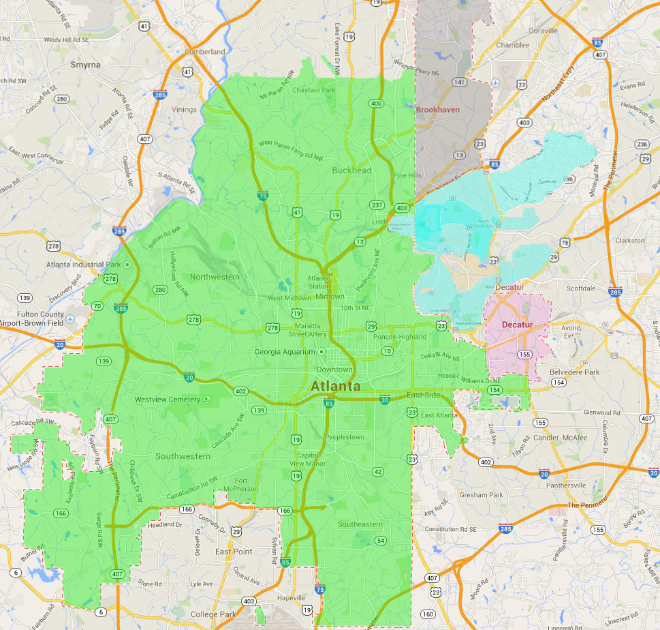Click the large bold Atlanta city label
click(341, 386)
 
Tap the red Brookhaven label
click(438, 109)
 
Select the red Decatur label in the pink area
click(516, 325)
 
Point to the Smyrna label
click(85, 65)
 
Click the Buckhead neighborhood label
click(351, 170)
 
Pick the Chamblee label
click(512, 45)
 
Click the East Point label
click(234, 552)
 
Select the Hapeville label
click(292, 598)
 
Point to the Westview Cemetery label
click(168, 399)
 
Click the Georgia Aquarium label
click(285, 352)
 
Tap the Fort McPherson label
click(245, 484)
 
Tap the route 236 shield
click(642, 144)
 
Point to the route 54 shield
click(380, 541)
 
